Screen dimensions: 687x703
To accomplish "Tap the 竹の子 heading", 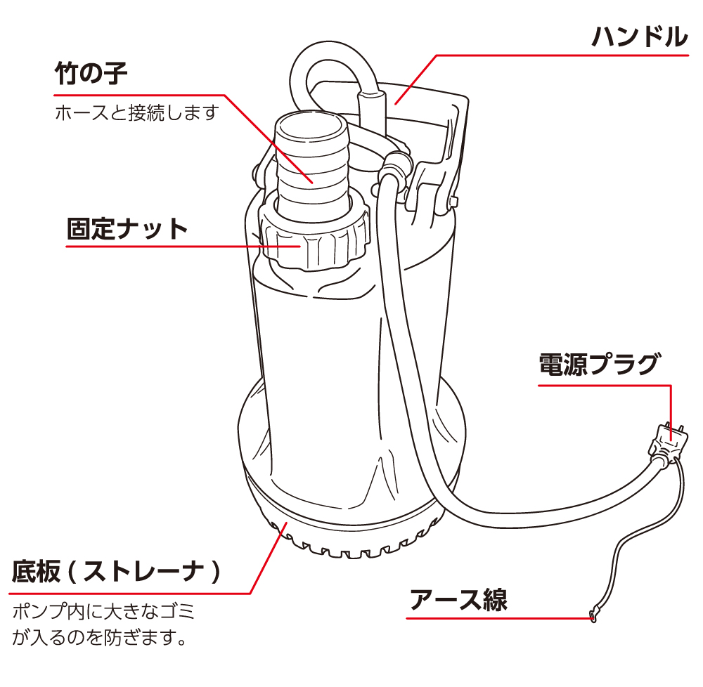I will coord(91,73).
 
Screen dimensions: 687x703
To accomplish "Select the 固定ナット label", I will coord(127,229).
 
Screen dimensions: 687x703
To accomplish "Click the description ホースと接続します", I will coord(137,113).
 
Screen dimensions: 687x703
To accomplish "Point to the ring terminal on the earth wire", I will coord(594,615).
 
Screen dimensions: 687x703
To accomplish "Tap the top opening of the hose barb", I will coord(310,123).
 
